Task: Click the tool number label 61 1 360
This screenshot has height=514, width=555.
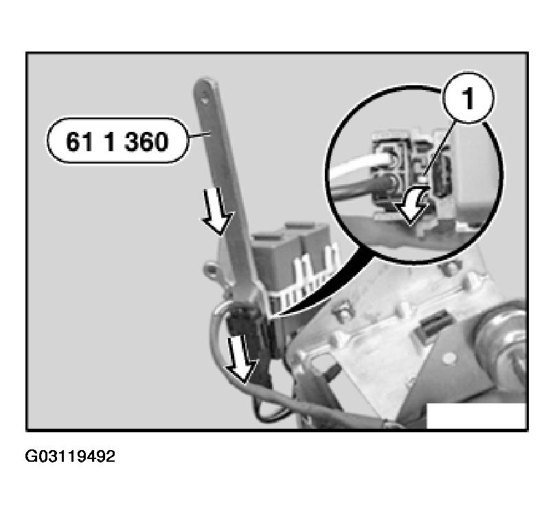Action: (x=117, y=142)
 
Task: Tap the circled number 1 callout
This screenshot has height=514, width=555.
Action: (x=468, y=98)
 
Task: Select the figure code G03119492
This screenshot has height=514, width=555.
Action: (x=70, y=456)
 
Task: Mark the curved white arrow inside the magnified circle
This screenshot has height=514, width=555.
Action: (x=412, y=205)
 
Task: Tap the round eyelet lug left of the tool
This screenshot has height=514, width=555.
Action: (x=212, y=270)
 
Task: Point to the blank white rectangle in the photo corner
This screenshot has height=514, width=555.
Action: (x=477, y=416)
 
